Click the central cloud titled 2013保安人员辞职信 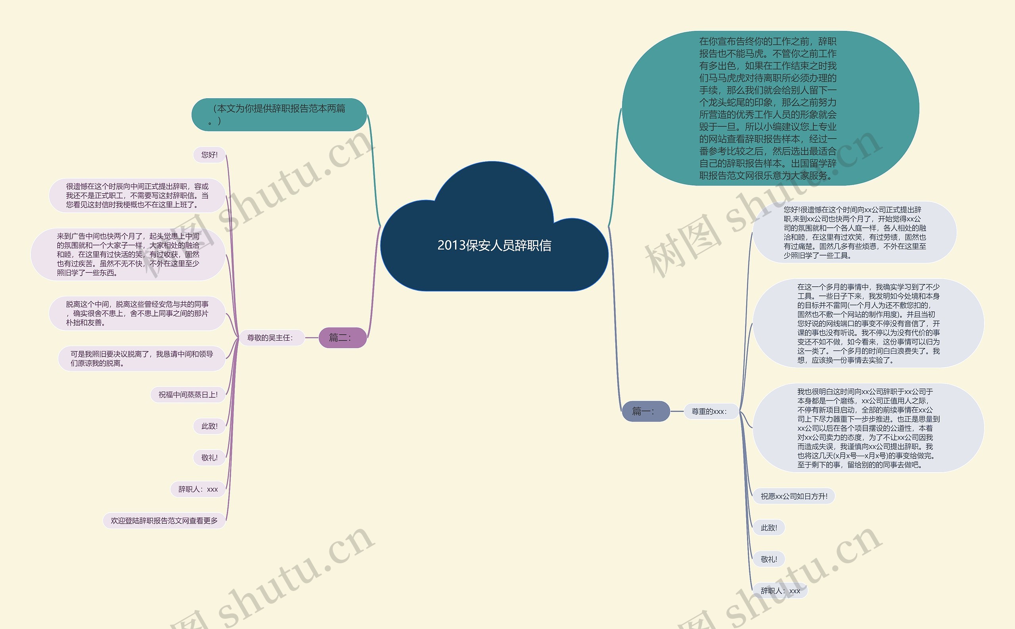point(494,245)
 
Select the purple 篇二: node point(342,337)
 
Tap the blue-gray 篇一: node point(645,412)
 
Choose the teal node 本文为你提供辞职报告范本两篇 point(279,114)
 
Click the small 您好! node point(209,155)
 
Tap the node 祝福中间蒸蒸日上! point(188,395)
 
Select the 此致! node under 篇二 point(209,426)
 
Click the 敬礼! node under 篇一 point(768,559)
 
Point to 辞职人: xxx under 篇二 point(198,489)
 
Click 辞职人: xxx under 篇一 point(780,591)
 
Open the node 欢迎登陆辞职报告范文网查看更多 point(164,520)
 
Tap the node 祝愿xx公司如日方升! point(793,496)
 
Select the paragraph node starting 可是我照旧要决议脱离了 point(142,358)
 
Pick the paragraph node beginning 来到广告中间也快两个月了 point(128,254)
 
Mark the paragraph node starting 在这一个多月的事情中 point(868,323)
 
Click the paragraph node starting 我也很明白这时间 point(868,428)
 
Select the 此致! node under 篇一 point(768,528)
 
